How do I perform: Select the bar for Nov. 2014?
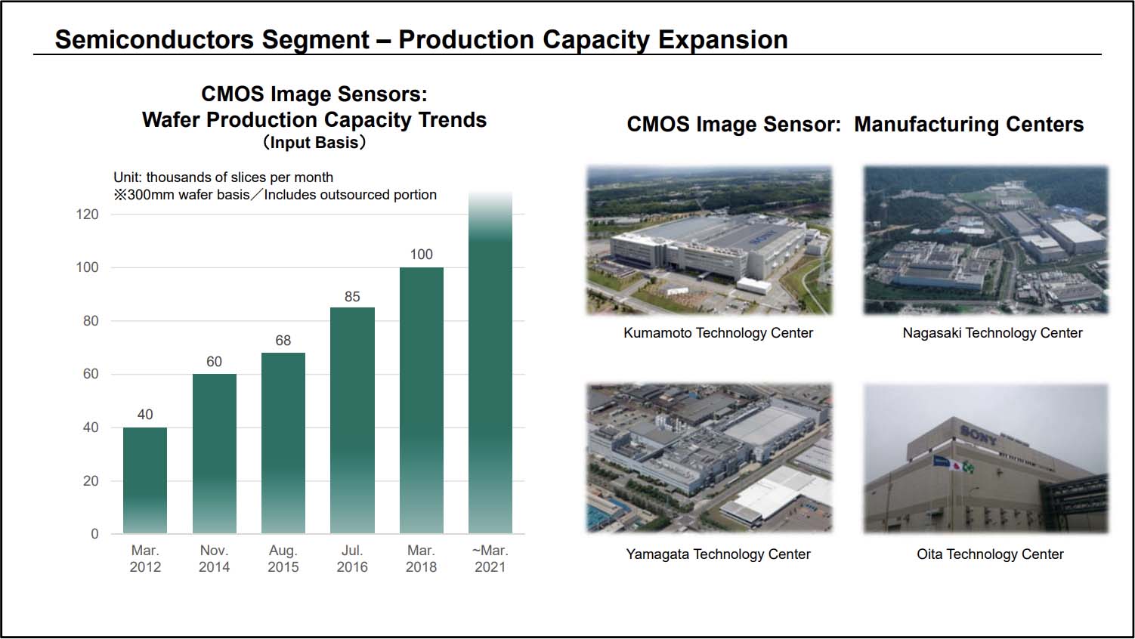pos(215,453)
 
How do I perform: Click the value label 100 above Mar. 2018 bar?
pos(422,255)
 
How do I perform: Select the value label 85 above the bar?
pos(352,297)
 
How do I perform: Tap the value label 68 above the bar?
pos(283,341)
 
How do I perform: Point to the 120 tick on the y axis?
pos(88,215)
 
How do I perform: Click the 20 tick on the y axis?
pos(91,481)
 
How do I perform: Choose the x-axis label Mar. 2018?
pos(421,559)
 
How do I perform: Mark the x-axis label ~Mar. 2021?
pos(490,559)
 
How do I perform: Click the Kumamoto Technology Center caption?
pos(718,333)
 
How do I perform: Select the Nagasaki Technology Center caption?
pos(992,333)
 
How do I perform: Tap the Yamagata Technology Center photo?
pos(709,458)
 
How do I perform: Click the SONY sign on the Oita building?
pos(978,434)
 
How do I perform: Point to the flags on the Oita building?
pos(954,464)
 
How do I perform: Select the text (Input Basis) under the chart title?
pos(314,143)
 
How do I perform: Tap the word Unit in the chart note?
pos(126,177)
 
